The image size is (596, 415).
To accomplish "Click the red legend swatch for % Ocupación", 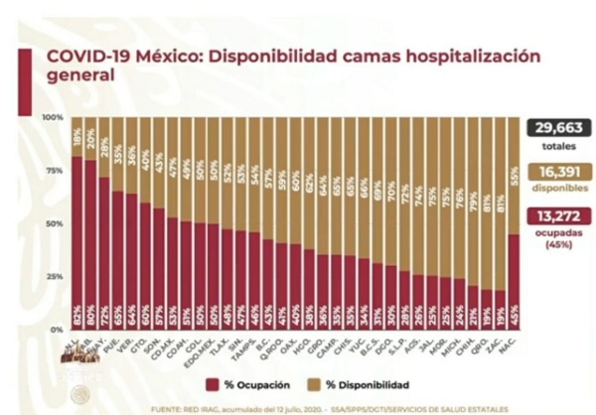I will [x=212, y=384].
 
